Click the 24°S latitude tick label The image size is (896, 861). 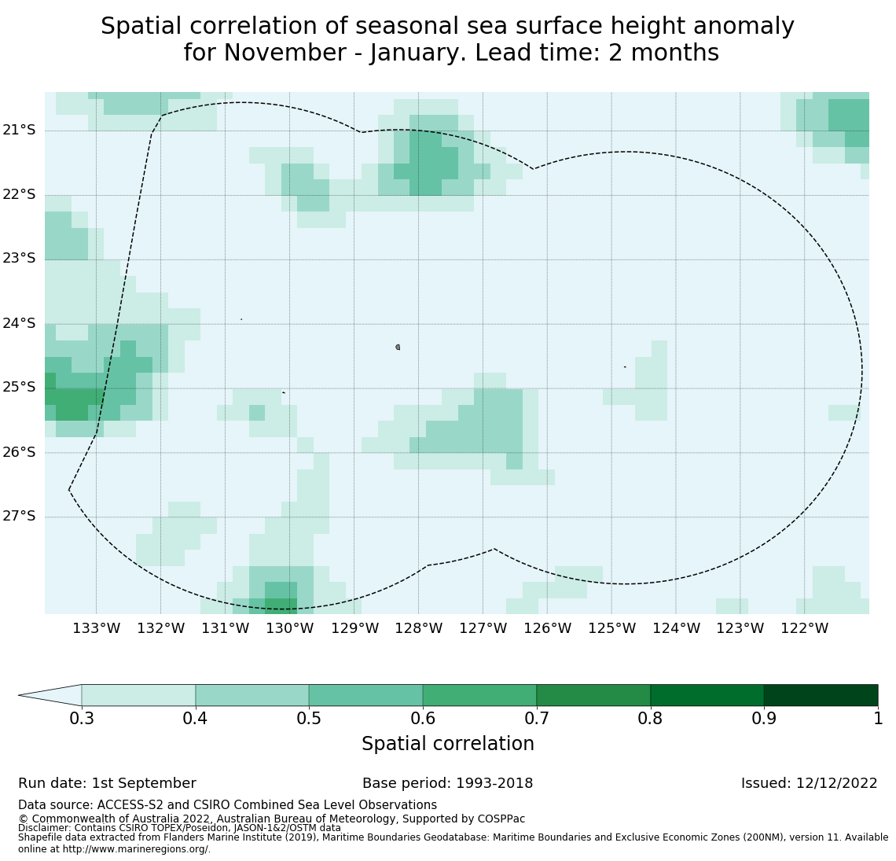tap(19, 323)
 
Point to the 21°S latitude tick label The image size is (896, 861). tap(19, 130)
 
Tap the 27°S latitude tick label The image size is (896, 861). tap(19, 517)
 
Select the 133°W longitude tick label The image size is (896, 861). tap(97, 628)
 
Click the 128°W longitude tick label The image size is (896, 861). tap(418, 628)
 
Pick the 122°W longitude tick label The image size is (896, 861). tap(804, 628)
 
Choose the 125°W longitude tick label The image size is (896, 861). tap(611, 628)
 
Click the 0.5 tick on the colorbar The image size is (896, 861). tap(309, 719)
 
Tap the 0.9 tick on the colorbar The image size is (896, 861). tap(764, 719)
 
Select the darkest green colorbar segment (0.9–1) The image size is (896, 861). tap(821, 695)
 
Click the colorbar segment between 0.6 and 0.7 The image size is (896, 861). tap(479, 695)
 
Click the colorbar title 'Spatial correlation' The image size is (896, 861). tap(448, 744)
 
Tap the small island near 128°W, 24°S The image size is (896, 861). tap(398, 347)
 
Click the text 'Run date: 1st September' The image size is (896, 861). tap(107, 784)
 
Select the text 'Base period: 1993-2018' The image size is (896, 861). tap(447, 784)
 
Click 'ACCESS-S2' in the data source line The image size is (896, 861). tap(125, 805)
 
